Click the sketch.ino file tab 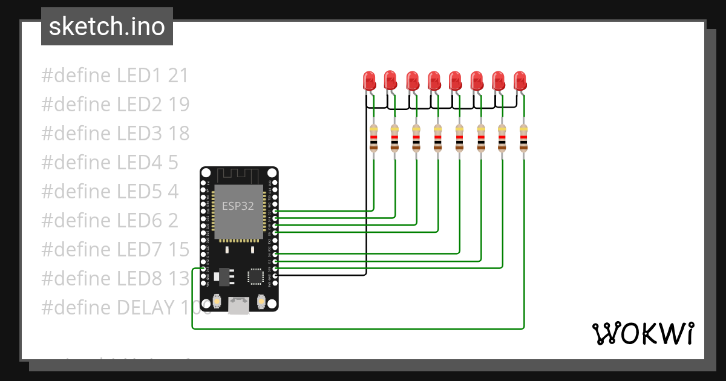[x=107, y=27]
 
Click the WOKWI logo [x=642, y=333]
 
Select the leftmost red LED [x=368, y=80]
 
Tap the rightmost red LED [x=520, y=80]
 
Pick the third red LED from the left [x=412, y=80]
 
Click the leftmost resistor [x=373, y=138]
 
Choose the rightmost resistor [x=524, y=138]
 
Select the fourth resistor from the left [x=437, y=138]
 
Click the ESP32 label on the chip [x=238, y=206]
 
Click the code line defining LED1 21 [x=115, y=76]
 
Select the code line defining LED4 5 [x=110, y=162]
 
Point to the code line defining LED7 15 [x=116, y=249]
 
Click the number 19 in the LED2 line [x=178, y=105]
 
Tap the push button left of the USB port [x=216, y=301]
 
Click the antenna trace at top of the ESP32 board [x=239, y=176]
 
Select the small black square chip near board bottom [x=255, y=276]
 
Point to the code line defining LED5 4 [x=110, y=191]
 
